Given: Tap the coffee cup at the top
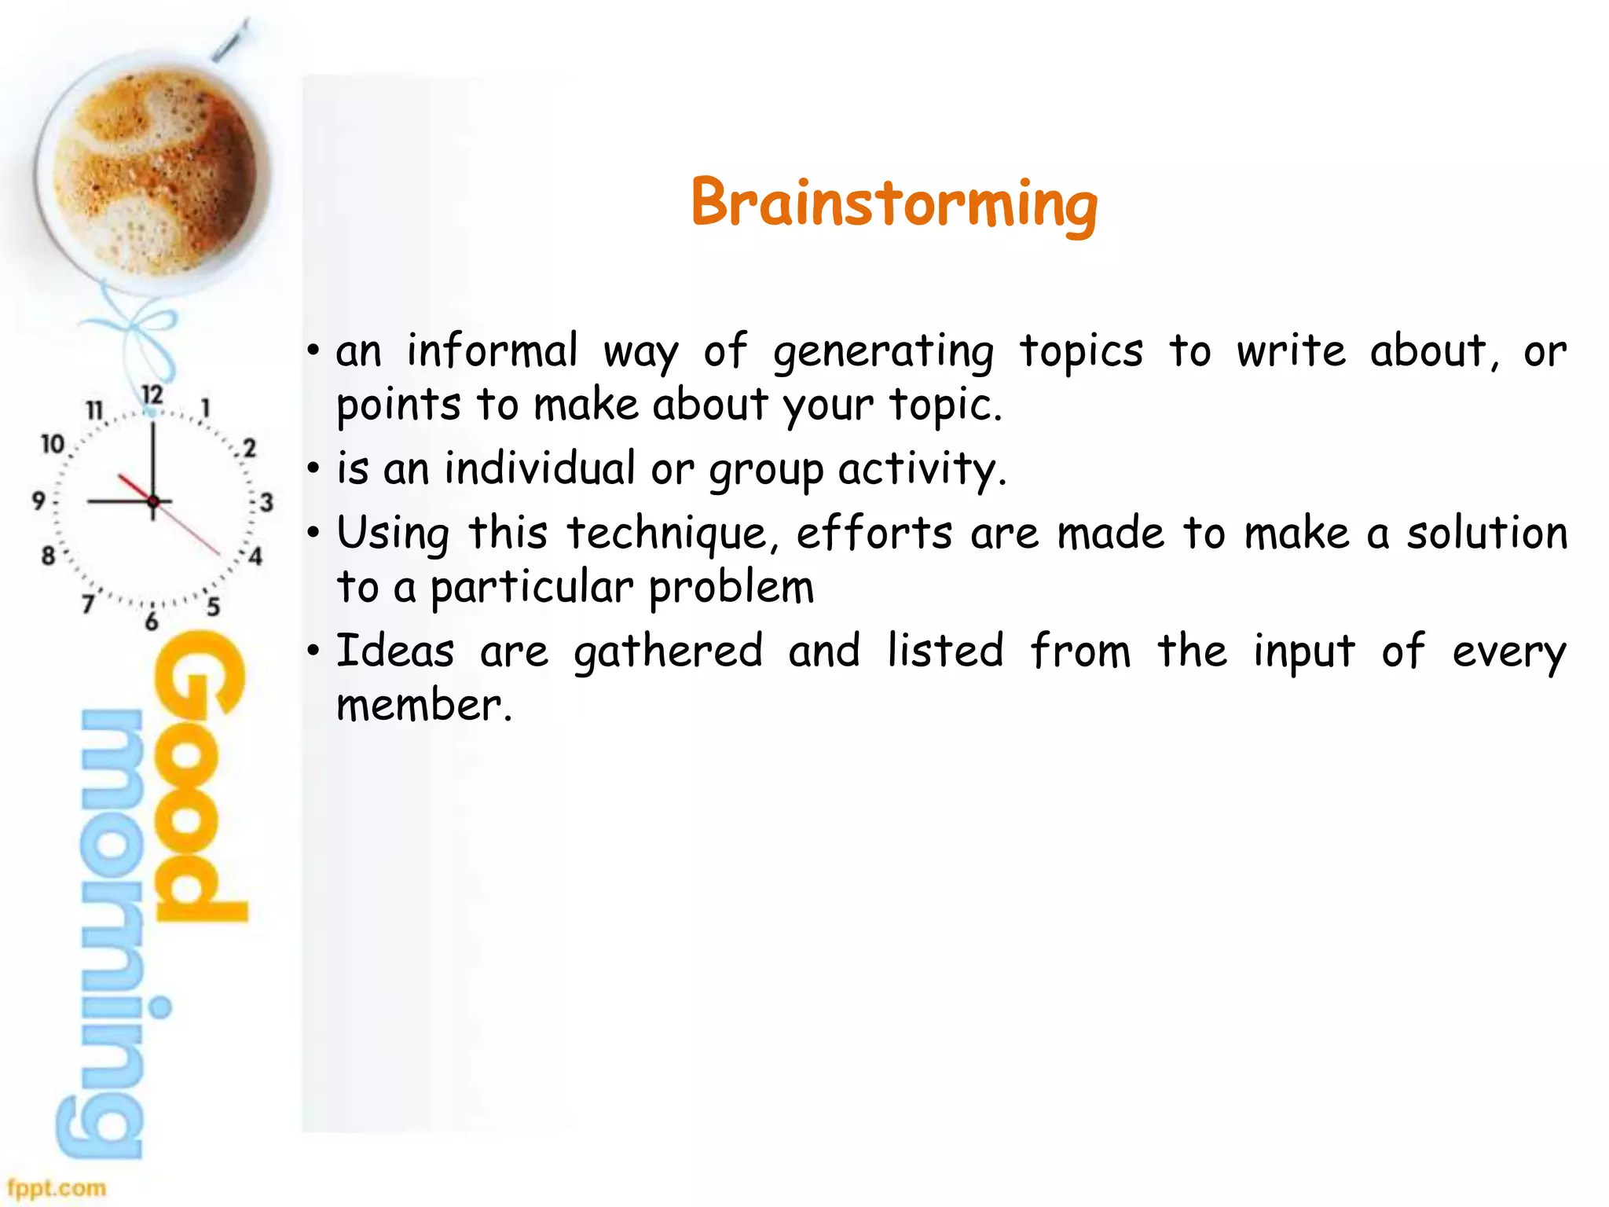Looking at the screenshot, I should pos(153,173).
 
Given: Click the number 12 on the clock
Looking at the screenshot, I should pos(152,394).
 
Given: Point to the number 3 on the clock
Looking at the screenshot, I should pos(266,502).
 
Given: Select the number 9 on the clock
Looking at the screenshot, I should pos(38,501).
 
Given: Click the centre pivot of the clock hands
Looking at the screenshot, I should pos(153,501).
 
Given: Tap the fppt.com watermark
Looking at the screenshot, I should pos(57,1187).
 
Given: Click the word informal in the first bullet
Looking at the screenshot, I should pos(493,350).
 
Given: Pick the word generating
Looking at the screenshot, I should pos(884,352).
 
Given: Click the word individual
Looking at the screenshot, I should pos(540,468).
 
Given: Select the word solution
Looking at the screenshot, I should pos(1486,533).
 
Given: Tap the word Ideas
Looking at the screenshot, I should pos(395,651).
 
